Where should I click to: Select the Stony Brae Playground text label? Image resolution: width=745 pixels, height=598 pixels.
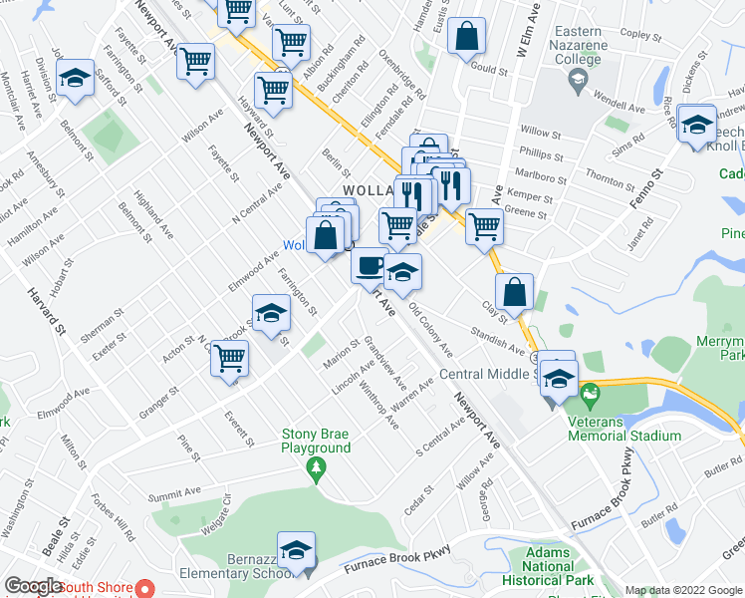coord(316,441)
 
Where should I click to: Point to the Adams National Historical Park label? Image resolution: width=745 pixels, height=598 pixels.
coord(550,566)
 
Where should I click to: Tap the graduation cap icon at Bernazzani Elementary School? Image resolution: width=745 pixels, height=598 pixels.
coord(295,550)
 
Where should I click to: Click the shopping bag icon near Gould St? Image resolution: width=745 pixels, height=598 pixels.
coord(466,37)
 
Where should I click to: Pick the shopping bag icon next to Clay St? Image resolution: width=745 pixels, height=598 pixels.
coord(514,293)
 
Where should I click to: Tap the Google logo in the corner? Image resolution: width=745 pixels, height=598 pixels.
coord(33,586)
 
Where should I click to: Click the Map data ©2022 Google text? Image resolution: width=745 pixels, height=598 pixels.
coord(682,590)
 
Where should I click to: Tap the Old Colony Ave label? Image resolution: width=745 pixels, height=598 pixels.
coord(430,333)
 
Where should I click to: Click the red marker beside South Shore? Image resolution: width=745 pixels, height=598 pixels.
coord(142,588)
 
